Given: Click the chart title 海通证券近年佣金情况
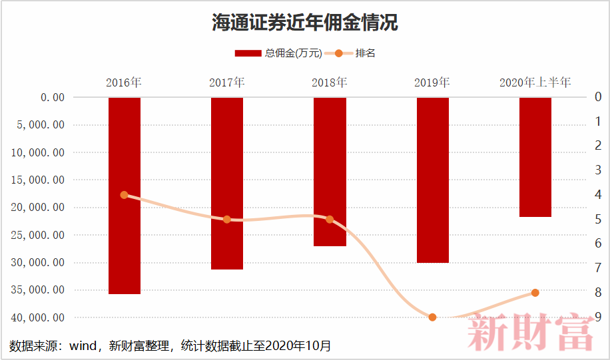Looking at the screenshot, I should (305, 23).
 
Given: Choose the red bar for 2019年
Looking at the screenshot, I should (433, 180).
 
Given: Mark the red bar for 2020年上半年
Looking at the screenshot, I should (535, 157).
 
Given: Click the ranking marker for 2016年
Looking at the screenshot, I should (125, 195).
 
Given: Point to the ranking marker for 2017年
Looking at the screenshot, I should (227, 220).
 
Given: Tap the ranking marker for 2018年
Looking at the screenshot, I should (330, 220).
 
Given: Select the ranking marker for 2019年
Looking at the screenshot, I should (433, 317).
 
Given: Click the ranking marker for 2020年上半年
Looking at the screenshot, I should (535, 293).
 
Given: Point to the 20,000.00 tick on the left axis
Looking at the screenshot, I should (38, 208).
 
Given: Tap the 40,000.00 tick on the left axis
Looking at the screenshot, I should (38, 317).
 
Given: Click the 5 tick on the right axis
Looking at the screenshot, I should (598, 220).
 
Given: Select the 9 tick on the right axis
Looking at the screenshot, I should (598, 317).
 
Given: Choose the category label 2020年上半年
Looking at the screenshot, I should (535, 83).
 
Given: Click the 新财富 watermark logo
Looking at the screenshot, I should (531, 333).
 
